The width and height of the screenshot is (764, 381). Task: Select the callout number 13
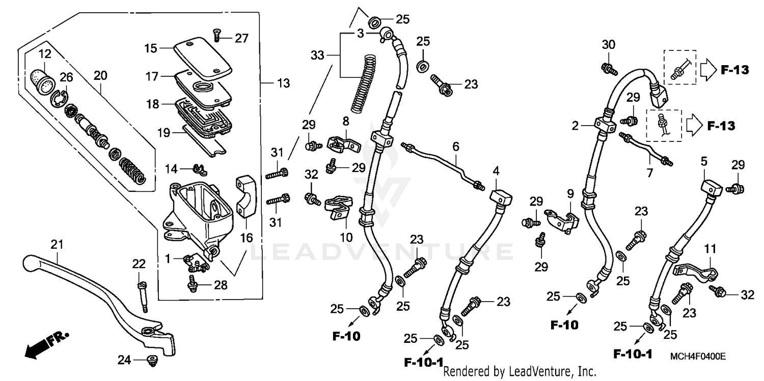click(x=283, y=83)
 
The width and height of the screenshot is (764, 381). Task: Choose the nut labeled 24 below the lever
click(x=151, y=361)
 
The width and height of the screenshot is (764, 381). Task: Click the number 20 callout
click(x=100, y=75)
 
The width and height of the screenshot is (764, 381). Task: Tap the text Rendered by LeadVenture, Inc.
click(x=520, y=372)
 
